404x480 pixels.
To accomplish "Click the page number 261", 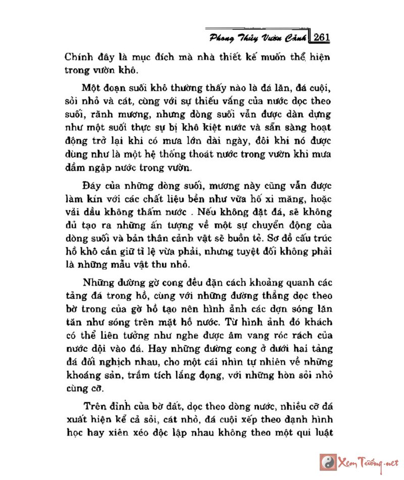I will [x=322, y=37].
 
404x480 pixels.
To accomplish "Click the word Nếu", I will [x=206, y=211].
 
